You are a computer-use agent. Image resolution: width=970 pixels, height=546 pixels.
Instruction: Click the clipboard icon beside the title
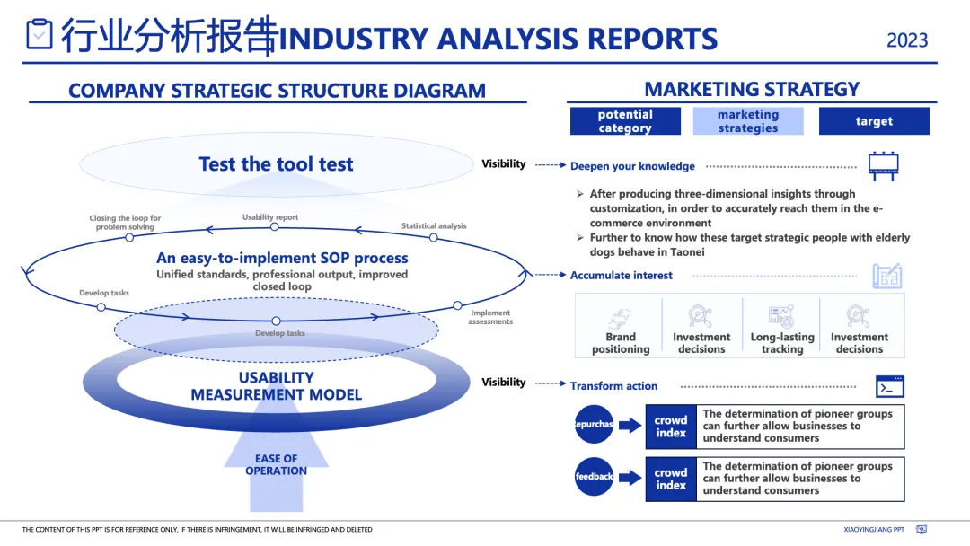click(40, 35)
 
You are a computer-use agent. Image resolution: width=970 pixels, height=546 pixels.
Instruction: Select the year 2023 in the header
click(907, 40)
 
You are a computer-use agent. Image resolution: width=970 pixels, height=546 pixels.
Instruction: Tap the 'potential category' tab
click(625, 121)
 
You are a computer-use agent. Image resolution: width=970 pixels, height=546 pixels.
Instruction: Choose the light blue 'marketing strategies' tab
click(748, 121)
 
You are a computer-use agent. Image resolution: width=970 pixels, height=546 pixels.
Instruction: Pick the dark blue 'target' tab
click(874, 121)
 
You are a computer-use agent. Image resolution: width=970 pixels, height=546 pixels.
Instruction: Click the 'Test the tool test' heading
click(276, 164)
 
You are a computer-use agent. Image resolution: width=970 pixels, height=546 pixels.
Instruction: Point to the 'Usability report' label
click(270, 217)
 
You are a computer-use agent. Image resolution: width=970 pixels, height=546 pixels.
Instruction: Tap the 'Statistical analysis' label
click(434, 226)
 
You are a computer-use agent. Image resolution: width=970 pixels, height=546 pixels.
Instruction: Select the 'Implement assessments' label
click(490, 317)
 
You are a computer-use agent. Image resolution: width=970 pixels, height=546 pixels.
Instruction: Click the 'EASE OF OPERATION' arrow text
click(276, 464)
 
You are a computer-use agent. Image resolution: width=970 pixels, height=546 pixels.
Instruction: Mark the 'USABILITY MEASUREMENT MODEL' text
click(276, 386)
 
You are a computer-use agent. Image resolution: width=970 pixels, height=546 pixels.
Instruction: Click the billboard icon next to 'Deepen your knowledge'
click(883, 166)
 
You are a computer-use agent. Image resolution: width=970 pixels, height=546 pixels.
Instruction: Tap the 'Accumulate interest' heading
click(622, 276)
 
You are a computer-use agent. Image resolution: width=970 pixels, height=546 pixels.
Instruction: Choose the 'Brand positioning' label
click(621, 343)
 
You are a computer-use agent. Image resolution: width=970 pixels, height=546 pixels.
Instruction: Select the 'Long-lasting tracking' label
click(782, 343)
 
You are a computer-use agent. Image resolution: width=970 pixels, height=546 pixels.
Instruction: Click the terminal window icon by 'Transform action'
click(889, 386)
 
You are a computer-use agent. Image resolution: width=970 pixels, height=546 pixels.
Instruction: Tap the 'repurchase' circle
click(594, 424)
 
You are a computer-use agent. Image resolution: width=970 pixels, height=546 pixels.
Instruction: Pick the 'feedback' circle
click(594, 477)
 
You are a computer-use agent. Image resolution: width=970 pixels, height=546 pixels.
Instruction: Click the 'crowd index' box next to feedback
click(671, 479)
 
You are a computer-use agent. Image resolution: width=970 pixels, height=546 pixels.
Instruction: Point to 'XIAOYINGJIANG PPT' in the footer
click(874, 530)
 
